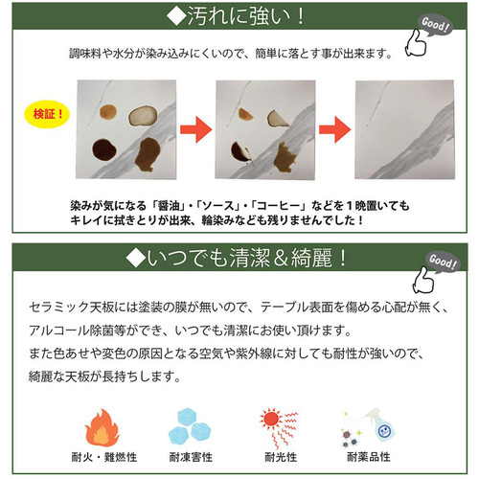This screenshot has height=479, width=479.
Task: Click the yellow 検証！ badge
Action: (x=47, y=114)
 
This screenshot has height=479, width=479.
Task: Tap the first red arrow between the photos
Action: (x=196, y=129)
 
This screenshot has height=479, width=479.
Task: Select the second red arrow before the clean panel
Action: (x=335, y=129)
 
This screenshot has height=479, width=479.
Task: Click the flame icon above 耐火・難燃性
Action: (x=102, y=428)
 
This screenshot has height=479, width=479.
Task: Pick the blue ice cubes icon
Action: (x=190, y=426)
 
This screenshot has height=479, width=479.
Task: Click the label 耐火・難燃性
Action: (x=104, y=457)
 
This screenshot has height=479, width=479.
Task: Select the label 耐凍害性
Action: (x=191, y=457)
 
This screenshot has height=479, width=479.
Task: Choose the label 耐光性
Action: (x=281, y=457)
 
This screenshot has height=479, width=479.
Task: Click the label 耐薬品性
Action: (x=369, y=457)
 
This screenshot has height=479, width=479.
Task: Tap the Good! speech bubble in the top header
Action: (x=435, y=24)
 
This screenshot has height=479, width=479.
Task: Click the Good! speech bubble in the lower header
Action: (x=443, y=262)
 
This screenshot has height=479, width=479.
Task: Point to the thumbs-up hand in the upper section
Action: (x=416, y=44)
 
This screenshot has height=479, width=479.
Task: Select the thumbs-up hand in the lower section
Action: (x=423, y=281)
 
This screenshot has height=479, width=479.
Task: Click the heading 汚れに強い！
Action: (x=237, y=16)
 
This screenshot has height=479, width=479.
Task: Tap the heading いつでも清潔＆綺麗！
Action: (x=237, y=258)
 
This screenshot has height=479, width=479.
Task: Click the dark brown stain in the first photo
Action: (x=104, y=150)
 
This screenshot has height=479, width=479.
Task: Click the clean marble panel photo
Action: (x=405, y=129)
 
